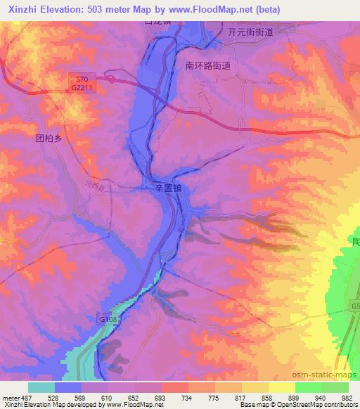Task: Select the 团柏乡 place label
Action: [49, 138]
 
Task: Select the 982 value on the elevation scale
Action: [346, 397]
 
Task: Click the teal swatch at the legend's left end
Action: [41, 387]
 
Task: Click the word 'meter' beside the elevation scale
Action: [11, 397]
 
